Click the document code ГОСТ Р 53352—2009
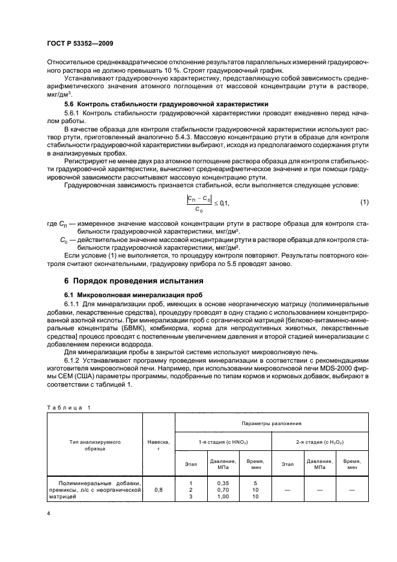point(80,44)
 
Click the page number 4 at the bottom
point(48,514)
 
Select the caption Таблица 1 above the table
point(68,408)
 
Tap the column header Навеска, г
point(159,444)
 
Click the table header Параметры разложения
point(271,423)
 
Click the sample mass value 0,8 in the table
point(159,490)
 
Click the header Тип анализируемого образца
point(95,444)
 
